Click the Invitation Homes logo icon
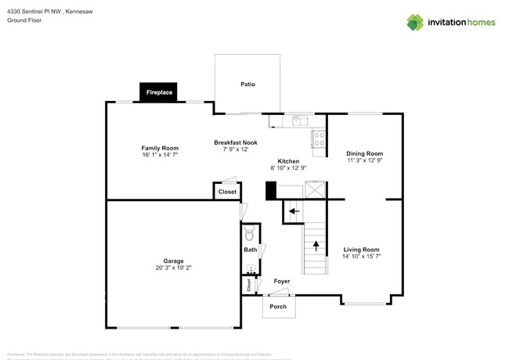coord(416,22)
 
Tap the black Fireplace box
coord(160,92)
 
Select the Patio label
coord(247,85)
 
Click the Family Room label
coord(160,148)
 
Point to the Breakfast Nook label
coord(235,142)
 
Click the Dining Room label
coord(365,153)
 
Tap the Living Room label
coord(361,250)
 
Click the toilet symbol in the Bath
coord(250,233)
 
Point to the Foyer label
coord(282,281)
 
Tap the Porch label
coord(278,306)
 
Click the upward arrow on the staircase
coord(316,244)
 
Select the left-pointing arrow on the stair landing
coord(294,210)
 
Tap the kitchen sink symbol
coord(298,121)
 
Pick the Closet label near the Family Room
coord(227,192)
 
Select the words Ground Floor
coord(24,20)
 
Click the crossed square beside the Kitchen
coord(316,189)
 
